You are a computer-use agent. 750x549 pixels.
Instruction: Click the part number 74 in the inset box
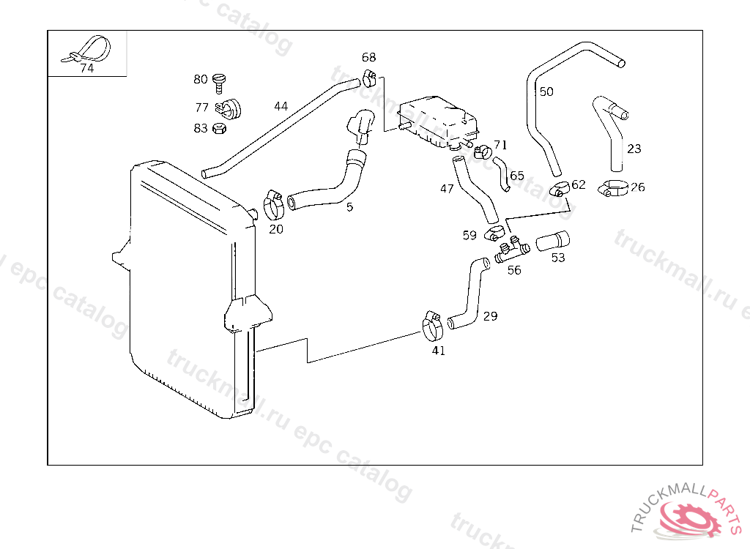tap(86, 69)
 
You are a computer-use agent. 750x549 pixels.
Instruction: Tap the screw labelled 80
tap(218, 81)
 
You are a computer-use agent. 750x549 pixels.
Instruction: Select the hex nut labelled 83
tap(218, 129)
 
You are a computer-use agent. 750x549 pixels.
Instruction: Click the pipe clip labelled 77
tap(230, 109)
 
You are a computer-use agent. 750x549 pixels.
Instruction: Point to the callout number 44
tap(281, 106)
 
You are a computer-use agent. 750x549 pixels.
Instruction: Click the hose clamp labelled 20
tap(274, 204)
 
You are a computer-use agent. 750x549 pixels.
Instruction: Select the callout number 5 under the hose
tap(350, 207)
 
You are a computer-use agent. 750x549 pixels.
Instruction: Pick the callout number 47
tap(447, 189)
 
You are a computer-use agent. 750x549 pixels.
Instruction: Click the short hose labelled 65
tap(502, 173)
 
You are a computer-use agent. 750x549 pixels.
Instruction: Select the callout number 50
tap(546, 92)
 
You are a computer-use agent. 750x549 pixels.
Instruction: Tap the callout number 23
tap(634, 149)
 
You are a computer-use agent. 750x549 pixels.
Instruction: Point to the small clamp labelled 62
tap(560, 189)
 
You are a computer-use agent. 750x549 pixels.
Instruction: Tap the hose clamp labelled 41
tap(433, 326)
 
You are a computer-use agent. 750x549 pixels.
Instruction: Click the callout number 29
tap(490, 316)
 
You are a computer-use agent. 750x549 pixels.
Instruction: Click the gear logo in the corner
tap(687, 520)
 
